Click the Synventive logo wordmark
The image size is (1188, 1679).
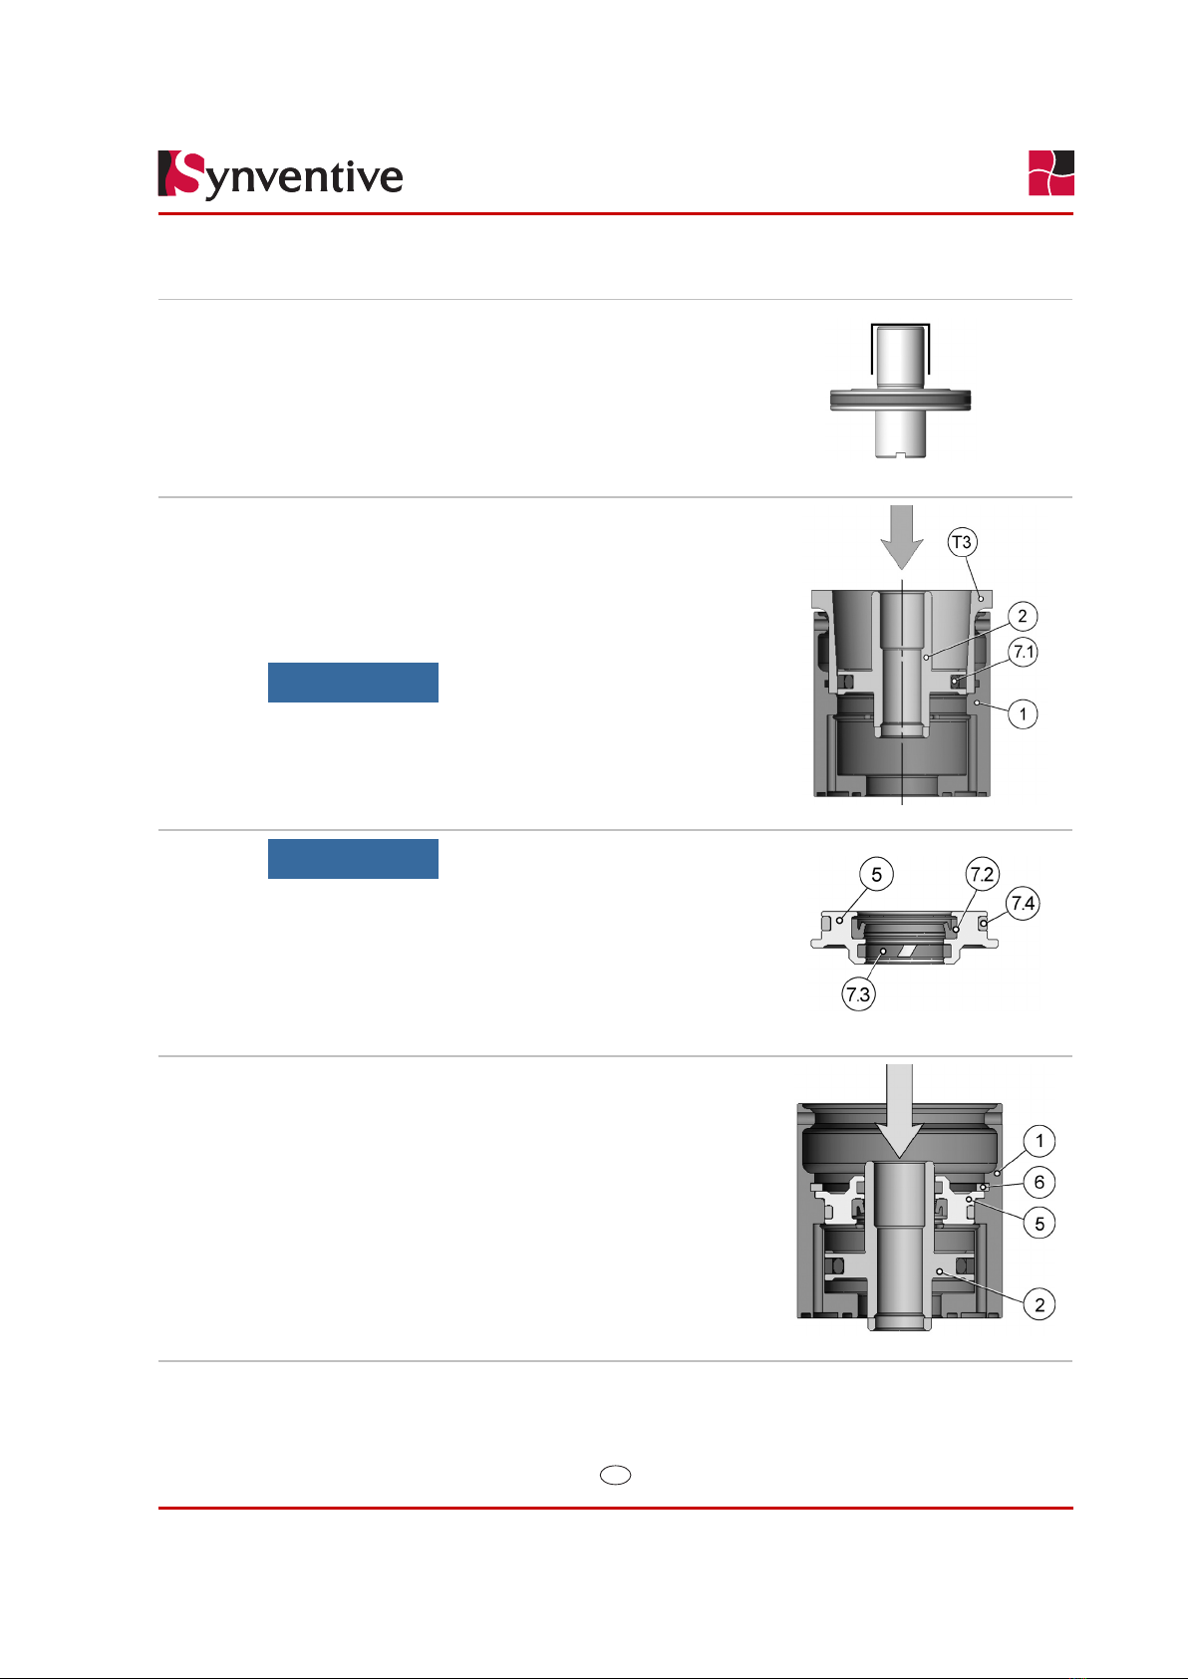tap(280, 175)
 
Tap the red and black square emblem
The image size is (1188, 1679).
tap(1050, 172)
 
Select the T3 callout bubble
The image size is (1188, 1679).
tap(962, 542)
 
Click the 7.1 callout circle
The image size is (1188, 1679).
tap(1024, 652)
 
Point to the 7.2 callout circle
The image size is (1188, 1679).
tap(982, 874)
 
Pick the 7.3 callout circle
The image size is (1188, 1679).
tap(858, 993)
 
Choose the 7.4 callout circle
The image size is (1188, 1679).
tap(1024, 903)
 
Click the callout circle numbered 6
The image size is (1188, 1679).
tap(1039, 1182)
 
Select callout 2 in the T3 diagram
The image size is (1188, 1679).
tap(1023, 616)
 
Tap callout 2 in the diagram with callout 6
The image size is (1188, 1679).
tap(1039, 1304)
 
